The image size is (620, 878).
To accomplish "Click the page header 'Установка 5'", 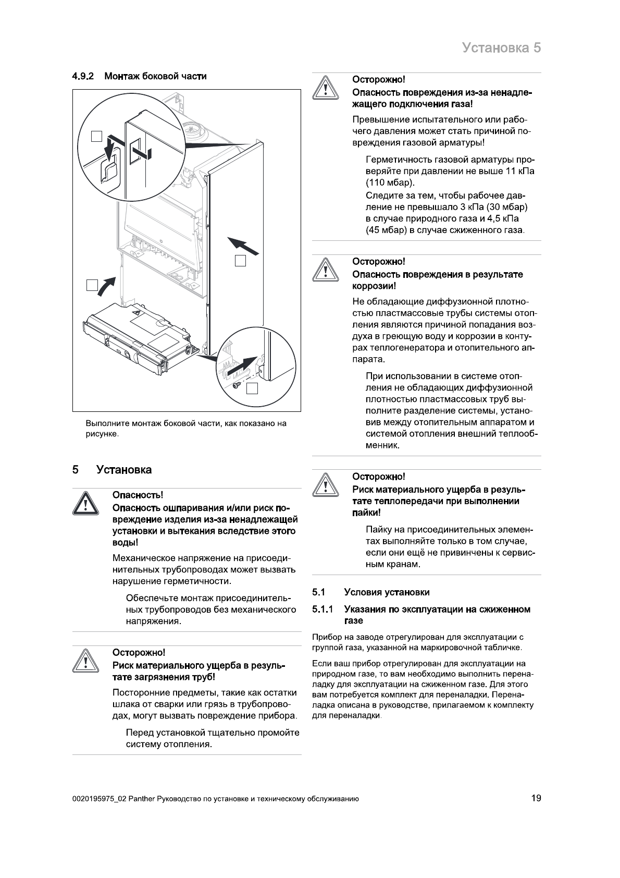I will tap(501, 48).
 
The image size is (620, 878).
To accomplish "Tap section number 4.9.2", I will tap(82, 77).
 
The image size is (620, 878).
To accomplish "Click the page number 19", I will tap(536, 798).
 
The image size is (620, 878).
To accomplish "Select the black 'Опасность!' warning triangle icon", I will tap(83, 503).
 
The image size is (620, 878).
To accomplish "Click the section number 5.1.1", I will tap(323, 609).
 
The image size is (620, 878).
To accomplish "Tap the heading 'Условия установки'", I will tap(387, 592).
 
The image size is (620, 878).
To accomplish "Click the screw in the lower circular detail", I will tap(236, 385).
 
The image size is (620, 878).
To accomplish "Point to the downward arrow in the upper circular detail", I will tap(110, 149).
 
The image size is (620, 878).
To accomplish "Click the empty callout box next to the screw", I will tap(252, 388).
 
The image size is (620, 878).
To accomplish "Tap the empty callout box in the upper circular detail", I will tap(97, 136).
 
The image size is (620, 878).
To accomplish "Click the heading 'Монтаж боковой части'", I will tap(155, 77).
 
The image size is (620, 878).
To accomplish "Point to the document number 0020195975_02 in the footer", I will tap(99, 799).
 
